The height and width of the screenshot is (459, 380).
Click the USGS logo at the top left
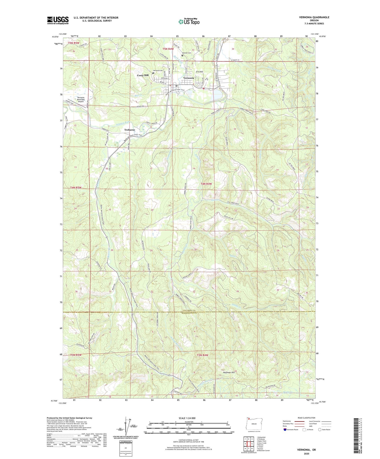click(x=58, y=20)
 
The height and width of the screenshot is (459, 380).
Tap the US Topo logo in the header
click(x=189, y=22)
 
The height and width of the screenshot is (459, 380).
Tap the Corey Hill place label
click(x=143, y=75)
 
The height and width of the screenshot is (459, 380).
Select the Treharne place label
click(x=129, y=130)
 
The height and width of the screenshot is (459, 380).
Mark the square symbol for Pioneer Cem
click(x=182, y=56)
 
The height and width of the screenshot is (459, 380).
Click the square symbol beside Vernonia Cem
click(x=153, y=73)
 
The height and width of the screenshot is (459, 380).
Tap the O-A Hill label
click(x=200, y=72)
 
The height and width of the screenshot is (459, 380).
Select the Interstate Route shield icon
click(x=285, y=430)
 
